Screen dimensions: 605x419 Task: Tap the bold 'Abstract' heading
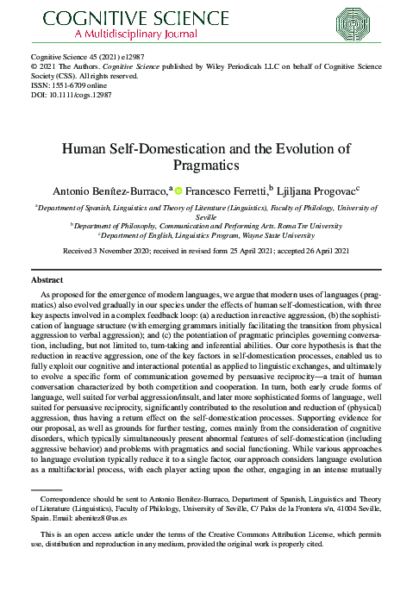click(x=47, y=281)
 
